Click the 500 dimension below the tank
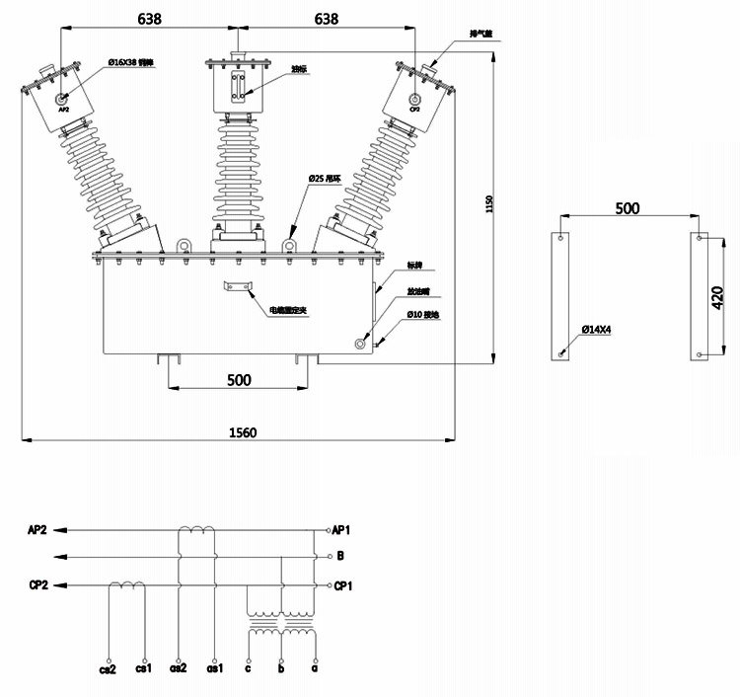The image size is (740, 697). tap(239, 379)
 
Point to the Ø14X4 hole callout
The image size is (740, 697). tap(597, 329)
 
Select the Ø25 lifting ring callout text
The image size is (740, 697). tap(324, 178)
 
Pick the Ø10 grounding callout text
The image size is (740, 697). tap(423, 314)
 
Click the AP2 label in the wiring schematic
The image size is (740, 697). tap(38, 529)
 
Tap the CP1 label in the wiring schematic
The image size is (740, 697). tap(343, 585)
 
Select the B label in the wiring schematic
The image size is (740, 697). tap(339, 557)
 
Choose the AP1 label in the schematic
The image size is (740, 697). tap(342, 529)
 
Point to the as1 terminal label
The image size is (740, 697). tap(214, 668)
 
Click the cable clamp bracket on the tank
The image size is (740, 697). tap(238, 287)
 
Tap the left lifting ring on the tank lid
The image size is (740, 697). tap(183, 244)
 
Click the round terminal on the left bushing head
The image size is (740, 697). tap(63, 99)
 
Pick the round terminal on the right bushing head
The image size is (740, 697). tap(414, 99)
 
